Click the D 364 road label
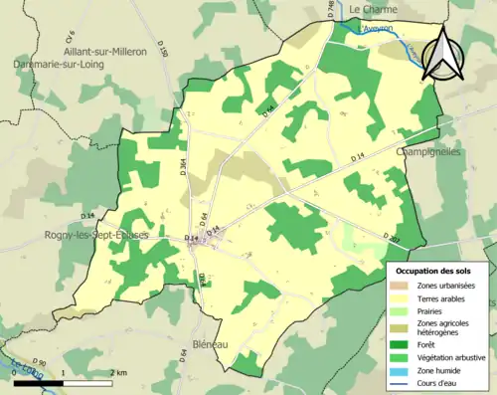coord(183,169)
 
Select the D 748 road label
coord(331,9)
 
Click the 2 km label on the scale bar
coord(118,372)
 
